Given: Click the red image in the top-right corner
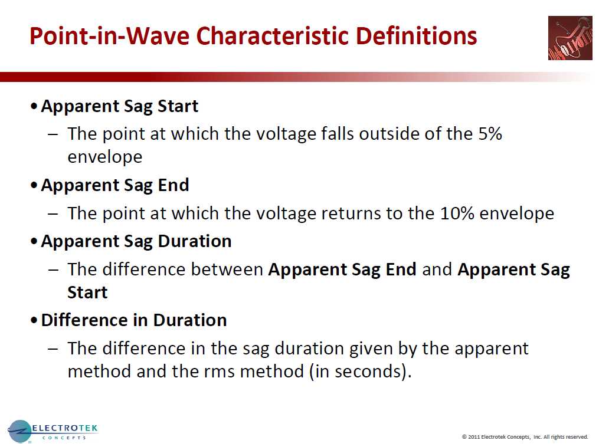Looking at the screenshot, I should pyautogui.click(x=569, y=38).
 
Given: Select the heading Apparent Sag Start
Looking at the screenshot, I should pyautogui.click(x=119, y=106).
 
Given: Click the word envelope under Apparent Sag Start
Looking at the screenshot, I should pyautogui.click(x=104, y=157).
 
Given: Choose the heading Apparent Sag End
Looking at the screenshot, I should pyautogui.click(x=114, y=185).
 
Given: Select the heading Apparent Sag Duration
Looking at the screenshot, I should pyautogui.click(x=136, y=241).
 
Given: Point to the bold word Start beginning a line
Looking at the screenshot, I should pyautogui.click(x=87, y=292).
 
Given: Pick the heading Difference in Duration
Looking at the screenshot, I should pyautogui.click(x=133, y=320).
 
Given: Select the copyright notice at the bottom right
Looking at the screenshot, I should pyautogui.click(x=525, y=437).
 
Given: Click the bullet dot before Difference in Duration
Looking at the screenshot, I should pyautogui.click(x=34, y=321).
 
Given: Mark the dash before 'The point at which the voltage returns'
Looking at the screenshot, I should pyautogui.click(x=53, y=213).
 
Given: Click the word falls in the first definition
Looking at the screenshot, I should pyautogui.click(x=341, y=133).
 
